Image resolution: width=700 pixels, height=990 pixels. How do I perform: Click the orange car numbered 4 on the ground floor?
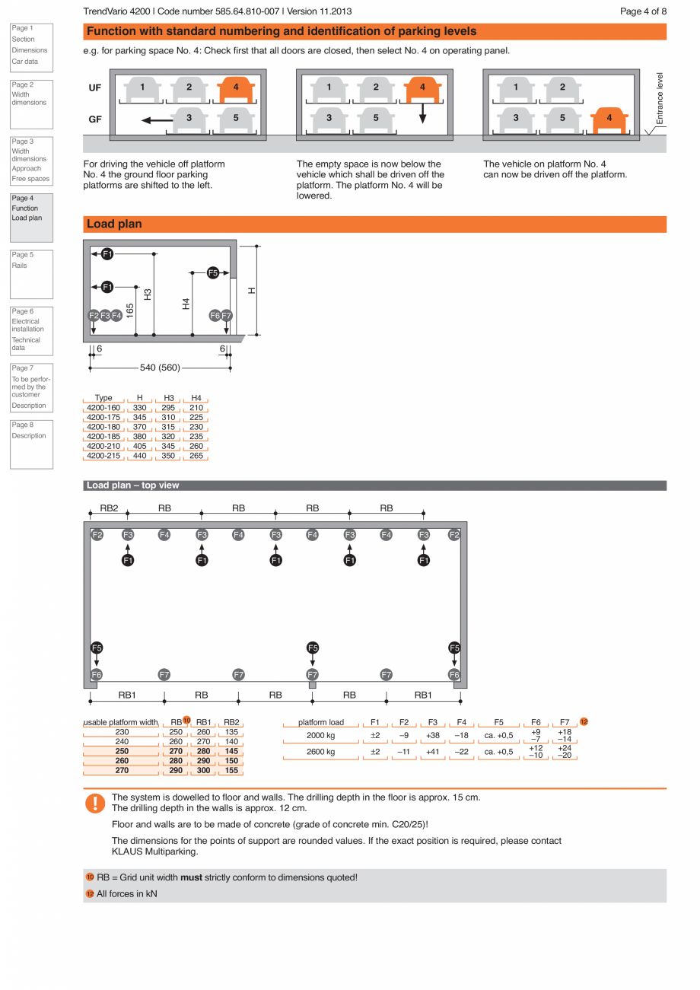click(609, 119)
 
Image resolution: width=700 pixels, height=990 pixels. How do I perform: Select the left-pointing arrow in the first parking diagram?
click(157, 119)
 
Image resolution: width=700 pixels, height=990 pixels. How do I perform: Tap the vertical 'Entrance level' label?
click(660, 98)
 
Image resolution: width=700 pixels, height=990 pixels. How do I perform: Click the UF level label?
click(95, 88)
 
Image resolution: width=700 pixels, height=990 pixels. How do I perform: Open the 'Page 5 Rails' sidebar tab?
click(31, 274)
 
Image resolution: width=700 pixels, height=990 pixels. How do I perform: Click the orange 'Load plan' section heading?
click(113, 224)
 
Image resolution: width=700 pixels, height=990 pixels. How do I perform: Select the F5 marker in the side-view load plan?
click(213, 272)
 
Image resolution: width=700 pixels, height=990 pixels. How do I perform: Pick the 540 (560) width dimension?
click(160, 368)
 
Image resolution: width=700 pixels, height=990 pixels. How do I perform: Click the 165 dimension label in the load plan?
click(130, 310)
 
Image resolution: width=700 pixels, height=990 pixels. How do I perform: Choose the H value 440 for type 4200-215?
click(139, 456)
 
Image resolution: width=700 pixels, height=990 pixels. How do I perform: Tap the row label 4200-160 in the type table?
click(103, 408)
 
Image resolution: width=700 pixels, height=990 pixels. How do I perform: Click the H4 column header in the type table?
click(196, 398)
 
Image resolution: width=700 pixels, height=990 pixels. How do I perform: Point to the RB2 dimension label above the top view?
click(109, 508)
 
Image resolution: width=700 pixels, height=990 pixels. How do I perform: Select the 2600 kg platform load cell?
click(320, 752)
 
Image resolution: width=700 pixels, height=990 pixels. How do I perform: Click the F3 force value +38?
click(432, 736)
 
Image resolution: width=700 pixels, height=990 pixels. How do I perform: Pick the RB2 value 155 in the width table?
click(231, 770)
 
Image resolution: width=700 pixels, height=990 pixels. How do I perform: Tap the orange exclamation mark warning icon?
click(95, 803)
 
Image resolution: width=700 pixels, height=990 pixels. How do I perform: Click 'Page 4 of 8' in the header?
click(643, 11)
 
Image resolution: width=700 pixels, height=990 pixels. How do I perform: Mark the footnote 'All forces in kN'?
click(126, 893)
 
